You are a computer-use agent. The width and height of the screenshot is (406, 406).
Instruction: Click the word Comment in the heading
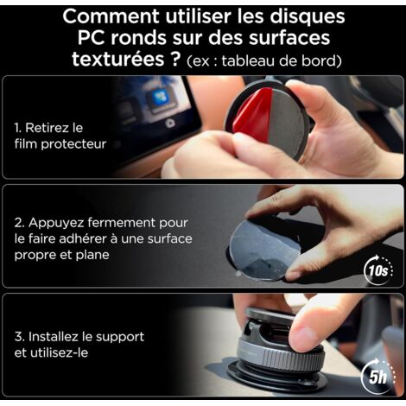(x=111, y=16)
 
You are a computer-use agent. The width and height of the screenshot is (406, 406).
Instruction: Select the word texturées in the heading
(x=117, y=59)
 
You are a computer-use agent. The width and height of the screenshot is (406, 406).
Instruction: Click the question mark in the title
(x=174, y=59)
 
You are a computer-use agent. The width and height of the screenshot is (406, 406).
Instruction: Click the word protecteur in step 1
(x=73, y=144)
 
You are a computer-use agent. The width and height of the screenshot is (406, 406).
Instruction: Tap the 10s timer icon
(x=379, y=270)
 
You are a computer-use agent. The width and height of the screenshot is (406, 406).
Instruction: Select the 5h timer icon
(x=377, y=375)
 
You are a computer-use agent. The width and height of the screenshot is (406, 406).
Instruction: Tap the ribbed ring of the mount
(x=281, y=357)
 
